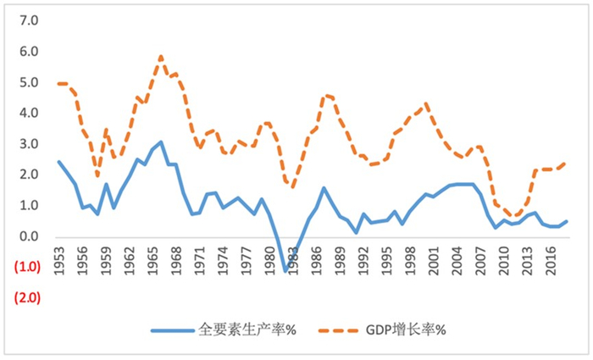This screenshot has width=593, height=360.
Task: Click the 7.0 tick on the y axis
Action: (29, 20)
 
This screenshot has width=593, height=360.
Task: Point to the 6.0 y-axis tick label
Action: (29, 51)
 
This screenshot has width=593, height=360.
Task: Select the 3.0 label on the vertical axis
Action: (29, 144)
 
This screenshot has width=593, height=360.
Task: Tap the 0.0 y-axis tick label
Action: (29, 236)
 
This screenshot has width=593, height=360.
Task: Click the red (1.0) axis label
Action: (27, 267)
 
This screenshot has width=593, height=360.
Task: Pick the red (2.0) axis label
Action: (27, 298)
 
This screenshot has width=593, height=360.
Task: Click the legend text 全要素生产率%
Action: (247, 330)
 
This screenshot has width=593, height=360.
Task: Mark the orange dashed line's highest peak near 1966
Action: (160, 57)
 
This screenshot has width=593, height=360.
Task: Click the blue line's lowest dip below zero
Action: (286, 271)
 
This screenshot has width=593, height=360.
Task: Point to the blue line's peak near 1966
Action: (160, 141)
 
